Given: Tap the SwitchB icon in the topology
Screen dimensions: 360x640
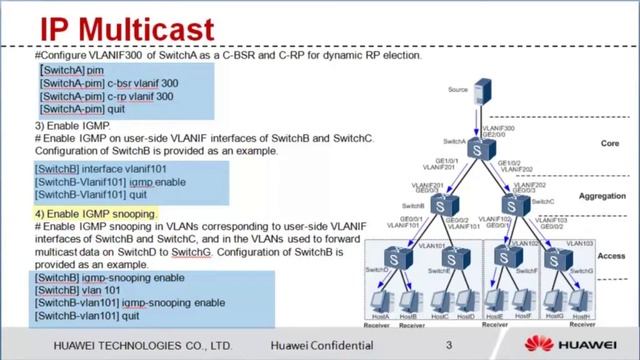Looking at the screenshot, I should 441,205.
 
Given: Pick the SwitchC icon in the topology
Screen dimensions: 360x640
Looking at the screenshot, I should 516,205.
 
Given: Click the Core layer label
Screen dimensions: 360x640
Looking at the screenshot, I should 609,143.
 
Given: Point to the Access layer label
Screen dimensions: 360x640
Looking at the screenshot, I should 609,255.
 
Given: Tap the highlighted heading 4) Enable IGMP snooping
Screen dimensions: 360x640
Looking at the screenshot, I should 96,214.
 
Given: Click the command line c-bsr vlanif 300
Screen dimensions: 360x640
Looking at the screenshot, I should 106,84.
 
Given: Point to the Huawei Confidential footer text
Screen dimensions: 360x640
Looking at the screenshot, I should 321,346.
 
